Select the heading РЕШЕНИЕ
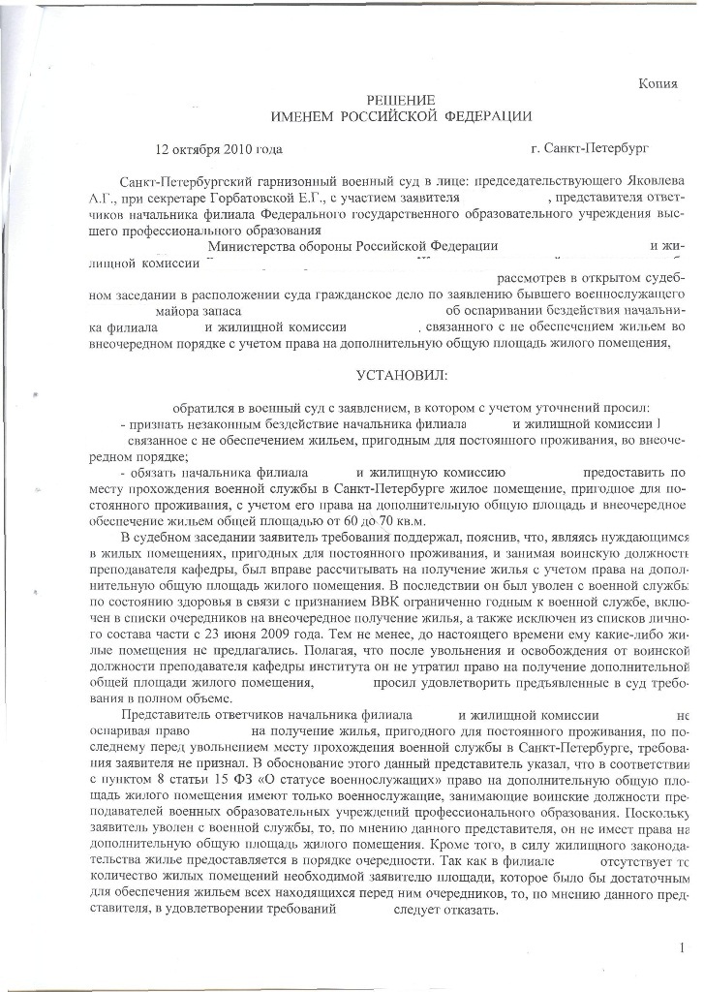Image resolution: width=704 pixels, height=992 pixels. click(x=400, y=102)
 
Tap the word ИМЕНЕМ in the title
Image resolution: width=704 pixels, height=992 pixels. click(x=304, y=117)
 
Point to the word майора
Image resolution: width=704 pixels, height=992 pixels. click(x=178, y=312)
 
